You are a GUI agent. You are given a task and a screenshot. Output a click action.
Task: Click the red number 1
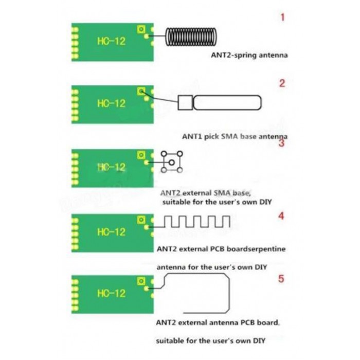point(282,18)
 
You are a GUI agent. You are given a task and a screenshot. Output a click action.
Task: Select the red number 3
point(281,143)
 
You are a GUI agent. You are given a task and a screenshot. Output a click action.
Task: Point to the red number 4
point(281,216)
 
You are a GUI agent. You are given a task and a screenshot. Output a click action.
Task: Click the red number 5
point(281,279)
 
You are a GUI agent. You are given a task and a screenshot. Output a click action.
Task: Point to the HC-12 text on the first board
point(111,41)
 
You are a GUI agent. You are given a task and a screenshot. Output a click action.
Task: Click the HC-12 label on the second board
point(111,103)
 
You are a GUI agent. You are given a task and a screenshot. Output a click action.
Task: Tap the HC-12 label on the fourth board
point(111,232)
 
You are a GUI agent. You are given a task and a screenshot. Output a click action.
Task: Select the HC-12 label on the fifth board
point(111,293)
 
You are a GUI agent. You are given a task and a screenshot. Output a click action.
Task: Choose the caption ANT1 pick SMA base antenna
point(235,137)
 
